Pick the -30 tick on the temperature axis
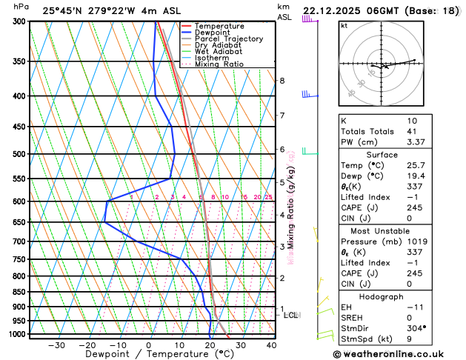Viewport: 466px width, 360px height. point(56,345)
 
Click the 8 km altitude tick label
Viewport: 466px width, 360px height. point(282,80)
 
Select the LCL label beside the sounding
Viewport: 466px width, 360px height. point(291,315)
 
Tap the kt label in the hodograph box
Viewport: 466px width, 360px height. point(344,25)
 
